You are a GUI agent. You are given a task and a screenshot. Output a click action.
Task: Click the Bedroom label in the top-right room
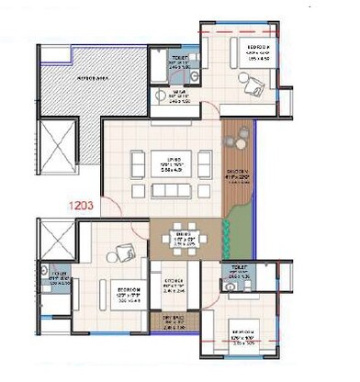click(262, 47)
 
